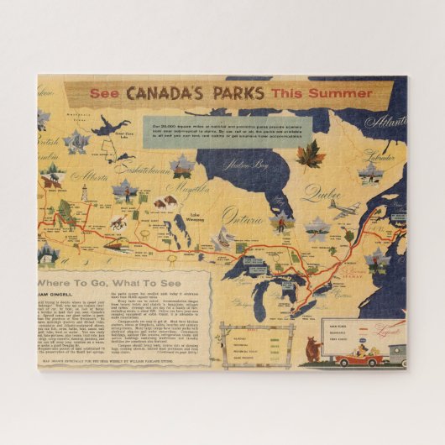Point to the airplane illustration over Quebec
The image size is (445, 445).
point(343,209)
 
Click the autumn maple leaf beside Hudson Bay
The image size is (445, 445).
point(287,154)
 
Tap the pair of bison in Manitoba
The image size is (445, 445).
point(165,202)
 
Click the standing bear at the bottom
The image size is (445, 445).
point(313,348)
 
